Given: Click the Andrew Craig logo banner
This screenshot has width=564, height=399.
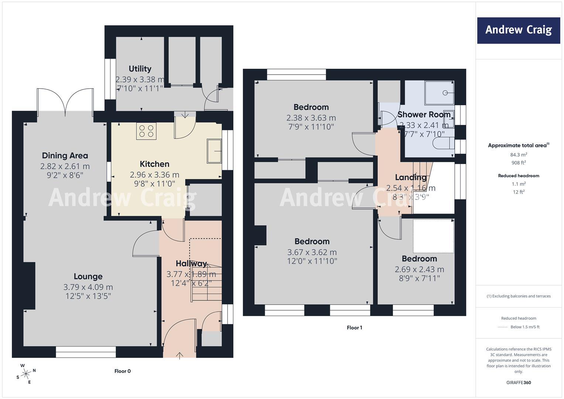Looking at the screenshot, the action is pyautogui.click(x=519, y=30).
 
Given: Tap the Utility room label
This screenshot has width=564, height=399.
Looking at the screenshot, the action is pyautogui.click(x=140, y=69).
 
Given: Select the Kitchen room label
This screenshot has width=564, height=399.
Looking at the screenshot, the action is pyautogui.click(x=154, y=164).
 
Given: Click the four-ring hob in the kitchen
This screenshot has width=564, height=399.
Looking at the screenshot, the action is pyautogui.click(x=146, y=131).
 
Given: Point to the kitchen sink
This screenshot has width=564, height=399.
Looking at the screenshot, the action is pyautogui.click(x=214, y=151).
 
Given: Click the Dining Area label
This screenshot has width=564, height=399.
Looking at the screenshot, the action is pyautogui.click(x=65, y=156).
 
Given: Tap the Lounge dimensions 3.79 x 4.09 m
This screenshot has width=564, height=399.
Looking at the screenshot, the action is pyautogui.click(x=88, y=287).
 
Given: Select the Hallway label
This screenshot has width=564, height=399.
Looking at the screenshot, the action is pyautogui.click(x=191, y=263).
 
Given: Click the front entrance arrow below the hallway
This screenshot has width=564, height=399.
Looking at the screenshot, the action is pyautogui.click(x=180, y=356).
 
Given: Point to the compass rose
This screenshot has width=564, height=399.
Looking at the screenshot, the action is pyautogui.click(x=26, y=374).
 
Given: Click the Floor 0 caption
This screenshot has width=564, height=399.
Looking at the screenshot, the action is pyautogui.click(x=123, y=371).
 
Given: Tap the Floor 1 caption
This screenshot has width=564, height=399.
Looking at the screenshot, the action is pyautogui.click(x=355, y=328).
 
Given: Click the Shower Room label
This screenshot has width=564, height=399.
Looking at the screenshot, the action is pyautogui.click(x=424, y=115).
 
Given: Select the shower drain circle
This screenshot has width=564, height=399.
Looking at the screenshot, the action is pyautogui.click(x=445, y=93).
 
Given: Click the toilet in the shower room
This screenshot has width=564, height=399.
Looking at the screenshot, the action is pyautogui.click(x=443, y=143).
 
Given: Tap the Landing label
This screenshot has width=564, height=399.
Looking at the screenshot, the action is pyautogui.click(x=411, y=178).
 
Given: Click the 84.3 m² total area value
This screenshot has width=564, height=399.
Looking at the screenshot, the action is pyautogui.click(x=519, y=155).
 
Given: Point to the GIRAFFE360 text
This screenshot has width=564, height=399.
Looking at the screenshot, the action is pyautogui.click(x=519, y=383).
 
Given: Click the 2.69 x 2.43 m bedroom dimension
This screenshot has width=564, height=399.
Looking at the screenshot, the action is pyautogui.click(x=419, y=270).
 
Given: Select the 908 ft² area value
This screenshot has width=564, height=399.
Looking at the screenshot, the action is pyautogui.click(x=519, y=163).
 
